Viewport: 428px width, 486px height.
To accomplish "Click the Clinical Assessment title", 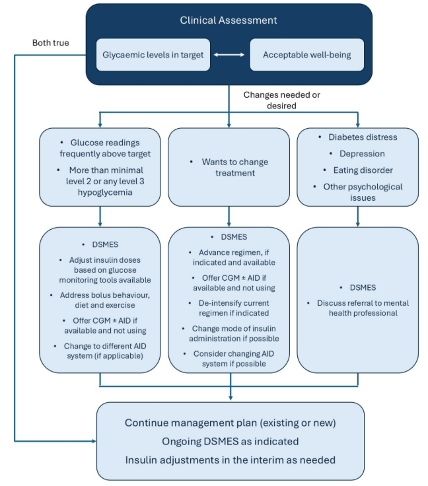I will (229, 20).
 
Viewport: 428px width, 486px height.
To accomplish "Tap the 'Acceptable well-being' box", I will (306, 55).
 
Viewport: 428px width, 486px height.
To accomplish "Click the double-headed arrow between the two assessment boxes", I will (229, 55).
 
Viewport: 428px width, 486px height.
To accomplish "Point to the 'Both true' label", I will (51, 43).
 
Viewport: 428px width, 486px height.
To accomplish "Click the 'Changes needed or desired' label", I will (281, 100).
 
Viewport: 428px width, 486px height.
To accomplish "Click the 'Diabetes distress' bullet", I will (363, 137).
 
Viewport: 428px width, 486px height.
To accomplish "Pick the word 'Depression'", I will (362, 154).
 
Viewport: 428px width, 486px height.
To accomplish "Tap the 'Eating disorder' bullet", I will (362, 170).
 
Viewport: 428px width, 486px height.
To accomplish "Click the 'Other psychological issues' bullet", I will (362, 192).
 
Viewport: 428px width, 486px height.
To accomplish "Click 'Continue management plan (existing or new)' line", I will (231, 423).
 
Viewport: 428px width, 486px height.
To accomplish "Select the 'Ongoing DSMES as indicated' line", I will (231, 441).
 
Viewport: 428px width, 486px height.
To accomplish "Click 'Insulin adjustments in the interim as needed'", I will (231, 460).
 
